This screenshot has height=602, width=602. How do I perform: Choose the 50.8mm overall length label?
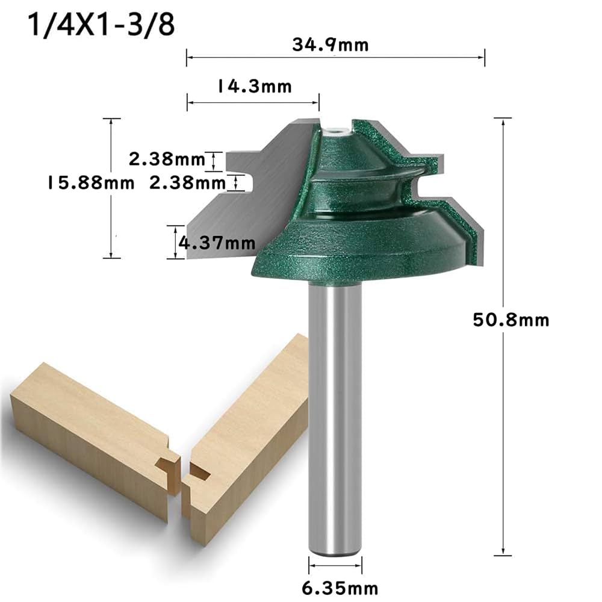tap(511, 319)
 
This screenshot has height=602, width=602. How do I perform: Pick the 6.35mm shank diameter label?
tap(335, 586)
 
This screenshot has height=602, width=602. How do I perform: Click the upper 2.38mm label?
tap(167, 160)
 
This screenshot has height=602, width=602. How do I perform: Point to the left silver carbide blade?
tap(241, 205)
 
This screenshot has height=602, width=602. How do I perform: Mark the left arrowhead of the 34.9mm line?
tap(188, 57)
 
